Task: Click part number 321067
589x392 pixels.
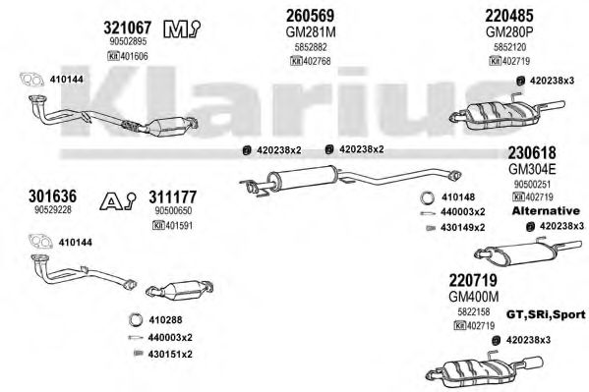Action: pos(128,28)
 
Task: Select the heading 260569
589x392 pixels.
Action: pos(310,16)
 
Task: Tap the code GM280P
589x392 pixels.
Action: pos(509,32)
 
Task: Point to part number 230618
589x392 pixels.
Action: pos(532,153)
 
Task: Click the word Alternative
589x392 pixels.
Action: pos(546,210)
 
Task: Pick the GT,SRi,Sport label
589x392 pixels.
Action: pos(546,314)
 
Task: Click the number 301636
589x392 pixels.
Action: pos(52,196)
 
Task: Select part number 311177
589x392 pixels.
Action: pos(173,197)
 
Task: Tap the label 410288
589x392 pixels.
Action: pos(165,320)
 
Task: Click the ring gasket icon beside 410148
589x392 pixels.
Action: pos(428,197)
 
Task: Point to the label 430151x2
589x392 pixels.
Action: pos(170,354)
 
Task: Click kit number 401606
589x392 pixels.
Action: pos(128,56)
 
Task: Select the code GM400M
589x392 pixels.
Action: pos(474,297)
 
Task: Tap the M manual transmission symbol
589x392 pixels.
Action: pos(181,28)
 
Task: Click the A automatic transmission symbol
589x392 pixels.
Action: pos(118,200)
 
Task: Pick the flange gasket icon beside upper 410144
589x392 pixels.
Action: pos(30,80)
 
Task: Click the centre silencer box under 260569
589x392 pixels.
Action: pos(303,176)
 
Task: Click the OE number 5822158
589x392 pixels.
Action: pos(474,311)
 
